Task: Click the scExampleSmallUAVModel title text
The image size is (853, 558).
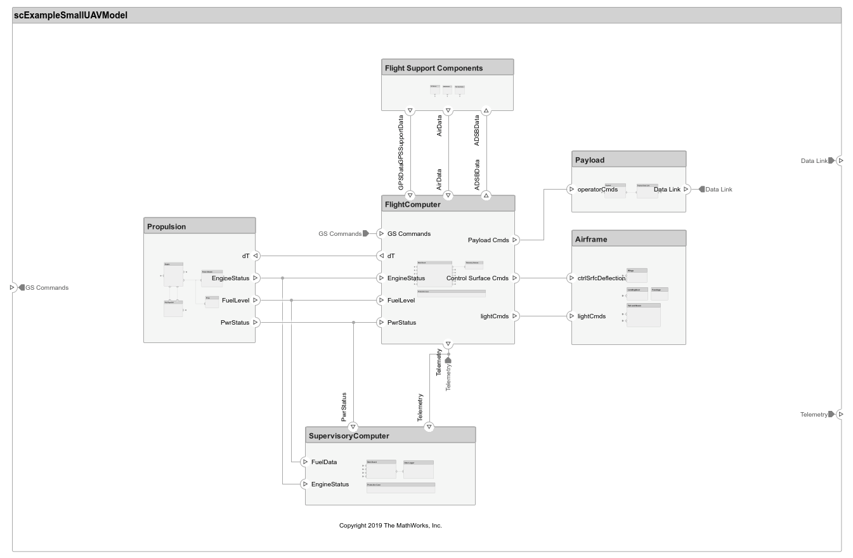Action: tap(70, 15)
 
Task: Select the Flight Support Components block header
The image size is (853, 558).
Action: tap(447, 68)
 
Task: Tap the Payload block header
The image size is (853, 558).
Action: tap(628, 160)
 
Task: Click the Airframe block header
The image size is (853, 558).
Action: tap(628, 239)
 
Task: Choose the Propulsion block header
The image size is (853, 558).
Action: tap(199, 226)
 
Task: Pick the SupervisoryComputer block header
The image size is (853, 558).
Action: tap(390, 436)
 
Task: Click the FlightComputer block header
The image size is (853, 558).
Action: tap(448, 204)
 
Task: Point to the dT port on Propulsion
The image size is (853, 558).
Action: tap(256, 256)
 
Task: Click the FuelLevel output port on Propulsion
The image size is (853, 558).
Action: tap(256, 301)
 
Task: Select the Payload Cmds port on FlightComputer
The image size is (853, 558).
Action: tap(514, 240)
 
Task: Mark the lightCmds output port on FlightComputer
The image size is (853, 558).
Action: tap(514, 316)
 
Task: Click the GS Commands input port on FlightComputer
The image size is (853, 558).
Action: tap(381, 234)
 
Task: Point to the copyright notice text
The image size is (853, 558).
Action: tap(390, 526)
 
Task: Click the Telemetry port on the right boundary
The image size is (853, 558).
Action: tap(840, 415)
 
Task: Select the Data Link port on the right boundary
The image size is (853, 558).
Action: tap(840, 161)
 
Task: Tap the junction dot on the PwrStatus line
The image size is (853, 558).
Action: tap(353, 323)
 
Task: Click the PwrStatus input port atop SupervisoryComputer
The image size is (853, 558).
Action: tap(353, 427)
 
